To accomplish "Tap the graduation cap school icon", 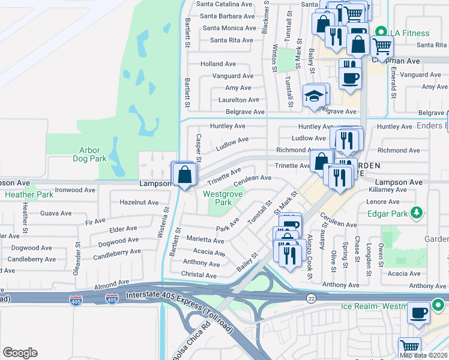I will tap(314, 96).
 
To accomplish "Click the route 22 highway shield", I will tap(310, 298).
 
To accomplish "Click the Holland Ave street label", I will tap(218, 64).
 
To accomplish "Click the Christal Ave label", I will tap(199, 275).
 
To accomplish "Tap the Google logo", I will tap(20, 353).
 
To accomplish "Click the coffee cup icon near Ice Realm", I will tap(418, 312).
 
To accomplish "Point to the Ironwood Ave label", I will tap(75, 190).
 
